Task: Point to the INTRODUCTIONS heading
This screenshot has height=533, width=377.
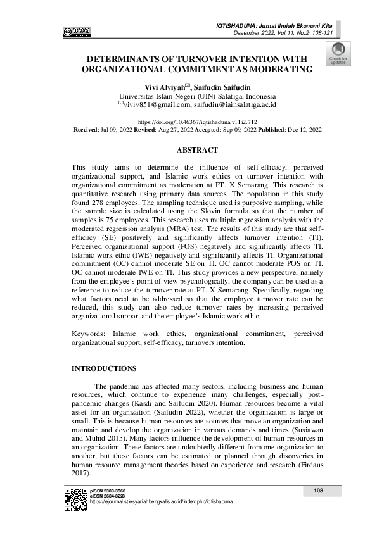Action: tap(103, 368)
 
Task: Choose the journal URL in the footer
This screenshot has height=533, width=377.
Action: tap(161, 500)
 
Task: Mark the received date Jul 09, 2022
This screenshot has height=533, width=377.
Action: tap(113, 129)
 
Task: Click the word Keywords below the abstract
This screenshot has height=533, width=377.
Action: tap(89, 333)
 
